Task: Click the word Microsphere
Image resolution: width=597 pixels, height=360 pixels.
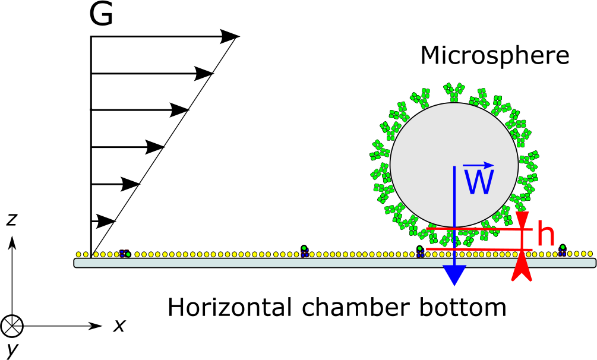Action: click(x=494, y=56)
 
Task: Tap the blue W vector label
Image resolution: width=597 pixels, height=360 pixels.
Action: click(x=479, y=181)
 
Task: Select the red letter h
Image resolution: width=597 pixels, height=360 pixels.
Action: click(x=545, y=235)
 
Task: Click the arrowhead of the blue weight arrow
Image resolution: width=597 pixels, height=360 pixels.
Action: click(x=454, y=274)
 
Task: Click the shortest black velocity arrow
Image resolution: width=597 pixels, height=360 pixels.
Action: click(x=105, y=221)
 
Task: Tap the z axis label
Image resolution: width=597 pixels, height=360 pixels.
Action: click(x=11, y=220)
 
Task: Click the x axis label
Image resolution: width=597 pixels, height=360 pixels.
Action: click(x=119, y=326)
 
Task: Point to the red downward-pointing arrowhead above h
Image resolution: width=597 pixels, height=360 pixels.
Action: click(x=522, y=220)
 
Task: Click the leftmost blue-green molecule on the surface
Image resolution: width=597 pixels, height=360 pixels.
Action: click(x=125, y=254)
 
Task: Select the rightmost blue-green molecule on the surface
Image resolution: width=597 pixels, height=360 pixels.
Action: click(x=562, y=250)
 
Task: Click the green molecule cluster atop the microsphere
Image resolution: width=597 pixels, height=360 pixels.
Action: click(x=454, y=91)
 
